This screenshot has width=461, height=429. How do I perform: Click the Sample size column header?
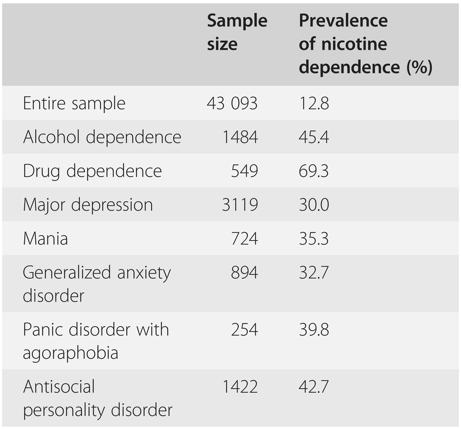coord(237,33)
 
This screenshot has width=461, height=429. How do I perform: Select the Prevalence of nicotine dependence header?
coord(365,44)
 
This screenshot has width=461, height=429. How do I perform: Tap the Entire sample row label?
coord(74,103)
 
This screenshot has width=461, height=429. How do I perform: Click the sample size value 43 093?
coord(232,103)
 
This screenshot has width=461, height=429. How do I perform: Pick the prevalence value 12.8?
coord(314,103)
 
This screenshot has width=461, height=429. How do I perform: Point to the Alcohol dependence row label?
coord(102,137)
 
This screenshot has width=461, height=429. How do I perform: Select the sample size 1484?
coord(240,137)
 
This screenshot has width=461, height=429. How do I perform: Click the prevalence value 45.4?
coord(314,137)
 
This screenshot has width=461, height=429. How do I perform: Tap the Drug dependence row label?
coord(92,171)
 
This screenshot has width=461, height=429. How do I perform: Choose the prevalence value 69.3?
coord(314,171)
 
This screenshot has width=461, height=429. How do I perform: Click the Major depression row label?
coord(88,205)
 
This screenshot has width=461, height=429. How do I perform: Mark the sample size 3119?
coord(240,205)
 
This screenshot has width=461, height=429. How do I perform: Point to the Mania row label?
coord(45,238)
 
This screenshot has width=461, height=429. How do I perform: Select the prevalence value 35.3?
coord(314,238)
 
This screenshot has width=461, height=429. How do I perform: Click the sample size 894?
coord(244,273)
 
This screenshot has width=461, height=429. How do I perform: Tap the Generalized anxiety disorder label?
coord(97,284)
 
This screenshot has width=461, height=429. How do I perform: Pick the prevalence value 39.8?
coord(314,330)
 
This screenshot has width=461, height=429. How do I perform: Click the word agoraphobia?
coord(71,353)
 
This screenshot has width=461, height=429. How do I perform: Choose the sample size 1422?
coord(240,387)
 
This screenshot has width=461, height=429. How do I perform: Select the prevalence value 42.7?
coord(314,387)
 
